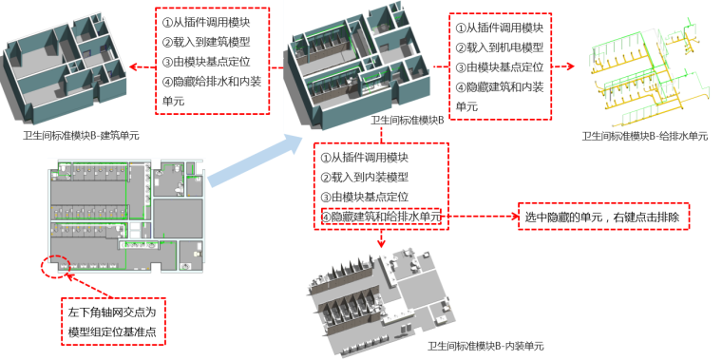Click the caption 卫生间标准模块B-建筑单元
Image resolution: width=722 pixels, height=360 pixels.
(x=81, y=136)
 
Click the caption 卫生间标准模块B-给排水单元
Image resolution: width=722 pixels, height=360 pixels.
(x=645, y=137)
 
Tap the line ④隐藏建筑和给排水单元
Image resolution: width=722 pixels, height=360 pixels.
(x=380, y=218)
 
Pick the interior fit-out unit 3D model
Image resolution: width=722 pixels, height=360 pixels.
(x=380, y=290)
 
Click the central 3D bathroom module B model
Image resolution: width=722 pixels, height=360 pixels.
(x=361, y=62)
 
